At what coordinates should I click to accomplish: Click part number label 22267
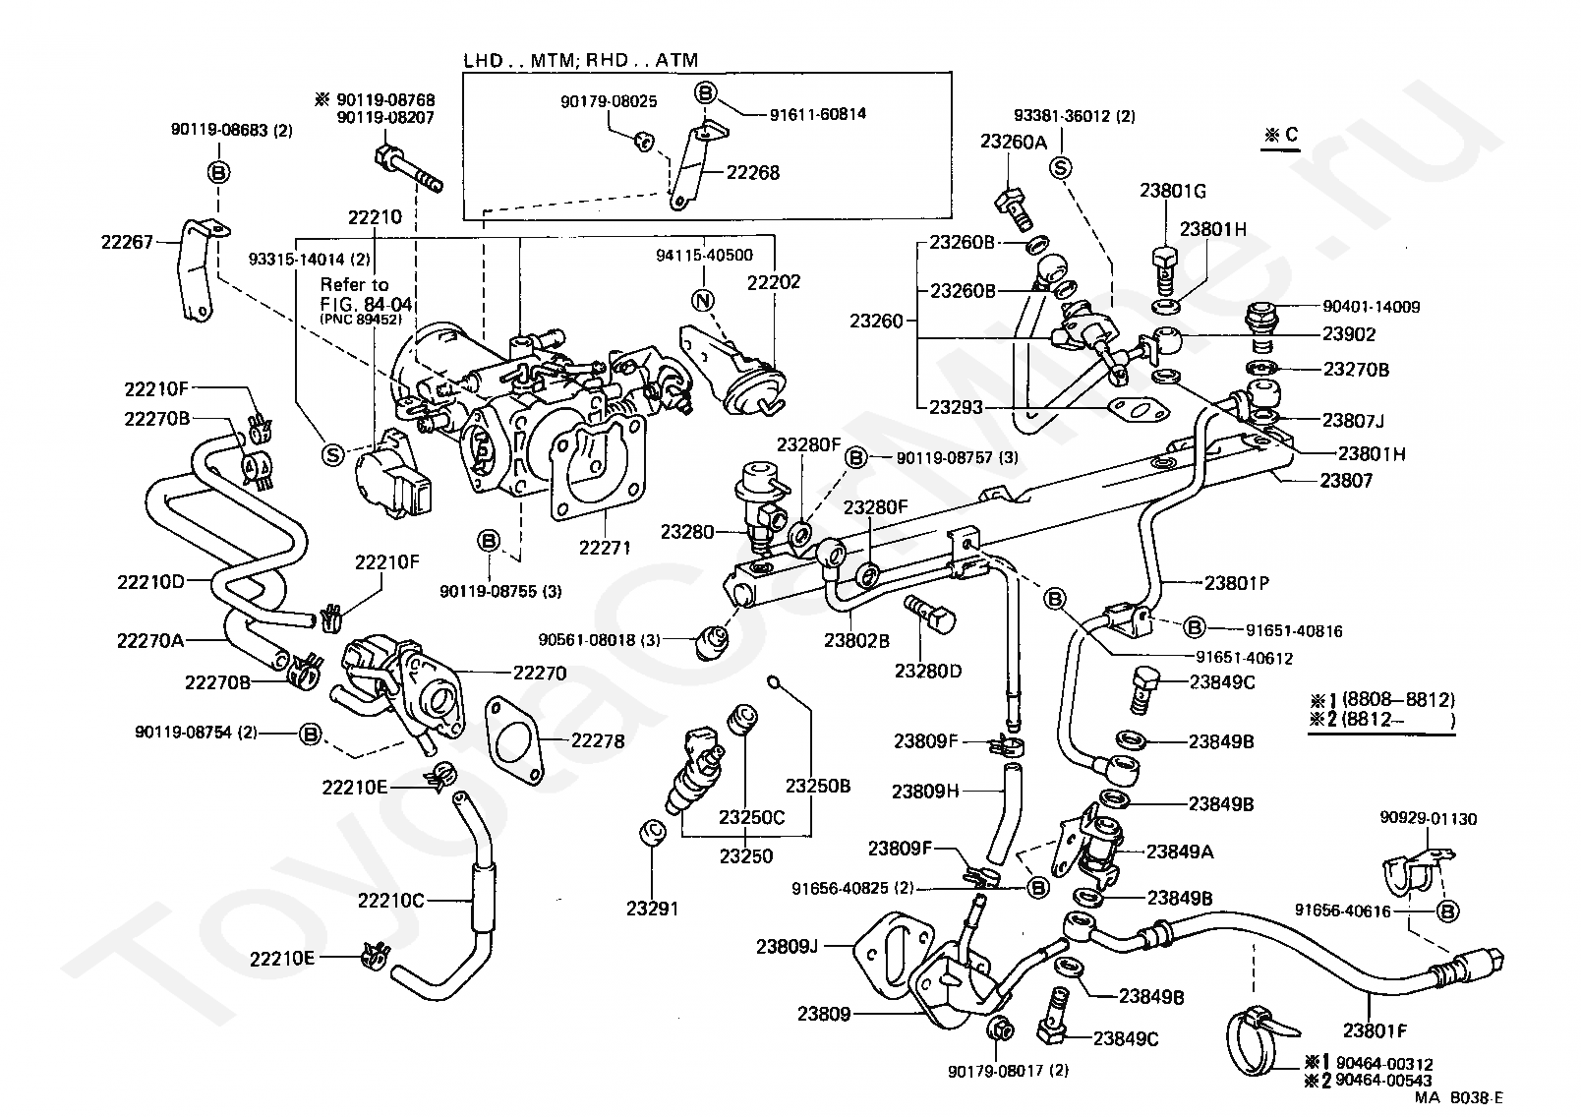[127, 242]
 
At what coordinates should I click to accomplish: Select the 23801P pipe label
[1237, 583]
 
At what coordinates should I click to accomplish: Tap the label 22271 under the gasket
[605, 548]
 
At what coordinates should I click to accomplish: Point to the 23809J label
[787, 946]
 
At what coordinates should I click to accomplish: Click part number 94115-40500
[704, 255]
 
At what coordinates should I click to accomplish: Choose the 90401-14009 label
[1372, 307]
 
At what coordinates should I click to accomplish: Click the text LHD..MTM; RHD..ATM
[581, 60]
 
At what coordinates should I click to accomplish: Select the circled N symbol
[702, 301]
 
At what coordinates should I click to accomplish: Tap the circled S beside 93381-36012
[1060, 168]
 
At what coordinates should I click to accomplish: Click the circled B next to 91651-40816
[1195, 627]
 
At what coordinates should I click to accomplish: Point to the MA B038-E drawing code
[1458, 1098]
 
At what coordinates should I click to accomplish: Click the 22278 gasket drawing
[514, 740]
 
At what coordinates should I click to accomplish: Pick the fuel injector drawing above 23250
[694, 772]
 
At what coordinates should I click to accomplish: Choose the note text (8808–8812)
[1398, 700]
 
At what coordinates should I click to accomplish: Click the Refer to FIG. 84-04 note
[366, 301]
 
